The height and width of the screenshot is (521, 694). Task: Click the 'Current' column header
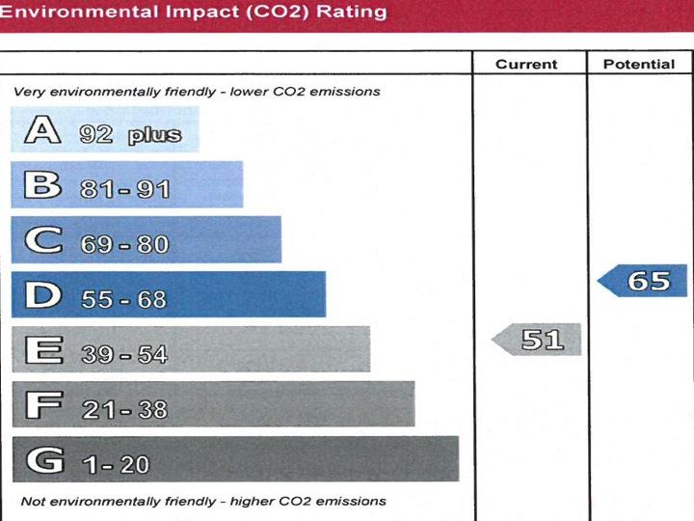coord(526,65)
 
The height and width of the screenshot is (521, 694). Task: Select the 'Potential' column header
coord(638,65)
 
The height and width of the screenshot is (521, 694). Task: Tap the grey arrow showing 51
coord(538,340)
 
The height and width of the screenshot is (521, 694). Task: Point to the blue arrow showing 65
coord(644,281)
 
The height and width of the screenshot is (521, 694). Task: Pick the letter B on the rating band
coord(42,185)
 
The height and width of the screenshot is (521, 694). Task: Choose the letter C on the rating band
coord(43,240)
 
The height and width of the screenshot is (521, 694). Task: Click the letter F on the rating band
coord(42,405)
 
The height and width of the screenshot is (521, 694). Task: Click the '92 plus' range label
coord(130,134)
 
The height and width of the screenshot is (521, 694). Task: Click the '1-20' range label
coord(116,464)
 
